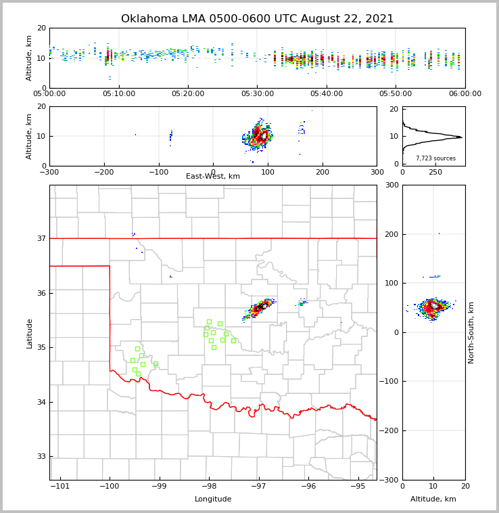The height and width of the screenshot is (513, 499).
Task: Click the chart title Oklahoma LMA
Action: point(257,19)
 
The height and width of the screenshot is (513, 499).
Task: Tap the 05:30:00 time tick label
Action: point(258,94)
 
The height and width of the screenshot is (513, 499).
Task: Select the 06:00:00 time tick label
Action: point(465,94)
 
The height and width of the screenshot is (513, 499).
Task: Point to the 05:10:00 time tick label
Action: point(119,94)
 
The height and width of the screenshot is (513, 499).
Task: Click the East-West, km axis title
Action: point(213,177)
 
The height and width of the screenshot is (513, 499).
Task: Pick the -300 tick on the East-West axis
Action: point(49,172)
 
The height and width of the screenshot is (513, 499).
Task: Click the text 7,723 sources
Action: point(435,158)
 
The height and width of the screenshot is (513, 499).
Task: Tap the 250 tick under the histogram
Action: point(435,172)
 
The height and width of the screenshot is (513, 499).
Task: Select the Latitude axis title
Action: point(29,333)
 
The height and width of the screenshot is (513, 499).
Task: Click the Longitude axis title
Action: point(213,499)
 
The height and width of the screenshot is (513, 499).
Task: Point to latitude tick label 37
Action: point(41,238)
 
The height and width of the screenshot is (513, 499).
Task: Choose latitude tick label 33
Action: point(41,457)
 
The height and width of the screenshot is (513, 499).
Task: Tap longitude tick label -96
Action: point(308,487)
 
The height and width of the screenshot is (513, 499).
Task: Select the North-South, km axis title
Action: point(471,332)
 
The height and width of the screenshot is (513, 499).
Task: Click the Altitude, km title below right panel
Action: point(433,499)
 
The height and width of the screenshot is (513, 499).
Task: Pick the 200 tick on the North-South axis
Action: point(391,234)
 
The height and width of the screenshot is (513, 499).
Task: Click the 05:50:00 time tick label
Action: point(396,94)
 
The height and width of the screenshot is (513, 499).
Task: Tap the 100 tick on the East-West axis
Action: point(268,172)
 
